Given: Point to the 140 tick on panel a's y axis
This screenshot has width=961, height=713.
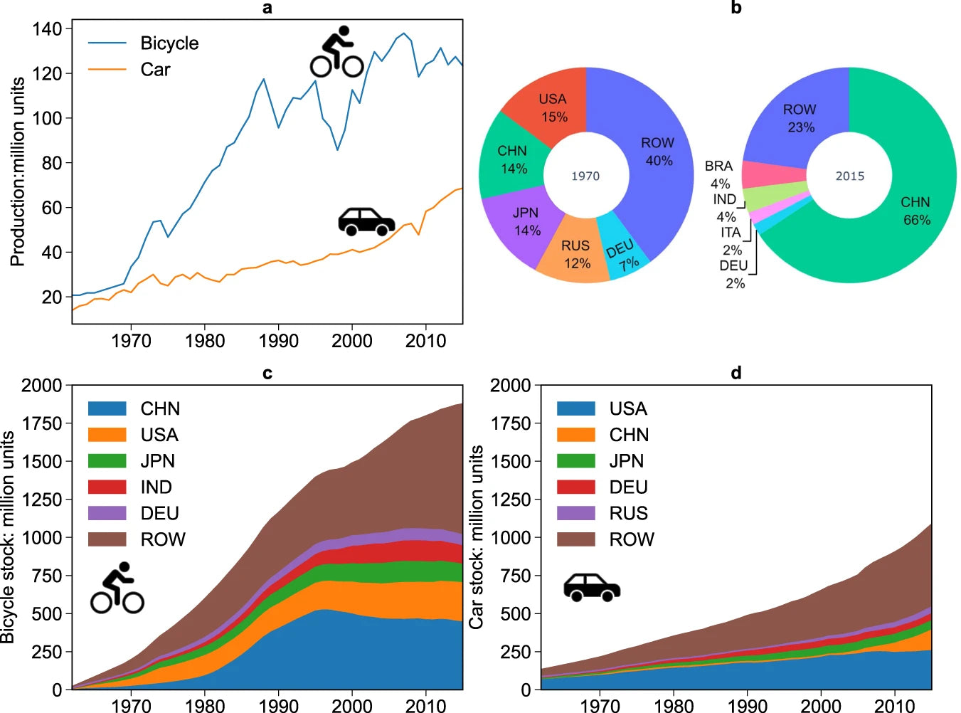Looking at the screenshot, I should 47,29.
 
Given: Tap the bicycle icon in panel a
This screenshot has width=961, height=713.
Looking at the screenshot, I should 337,53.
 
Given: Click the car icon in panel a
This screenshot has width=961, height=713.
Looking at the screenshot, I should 366,221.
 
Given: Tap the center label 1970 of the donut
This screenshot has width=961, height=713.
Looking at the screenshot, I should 585,176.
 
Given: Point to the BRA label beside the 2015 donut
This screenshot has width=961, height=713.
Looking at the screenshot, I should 718,166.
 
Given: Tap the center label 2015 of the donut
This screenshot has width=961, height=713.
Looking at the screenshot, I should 850,176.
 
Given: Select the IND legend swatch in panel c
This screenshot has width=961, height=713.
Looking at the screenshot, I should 107,487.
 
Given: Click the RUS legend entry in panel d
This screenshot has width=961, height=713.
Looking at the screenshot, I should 628,514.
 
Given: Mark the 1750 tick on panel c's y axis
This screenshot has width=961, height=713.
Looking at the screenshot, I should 42,423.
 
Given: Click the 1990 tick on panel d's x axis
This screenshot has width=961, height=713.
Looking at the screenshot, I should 748,705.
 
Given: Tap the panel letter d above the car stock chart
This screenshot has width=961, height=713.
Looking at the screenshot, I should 736,373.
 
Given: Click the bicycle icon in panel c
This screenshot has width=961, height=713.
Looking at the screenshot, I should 117,588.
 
